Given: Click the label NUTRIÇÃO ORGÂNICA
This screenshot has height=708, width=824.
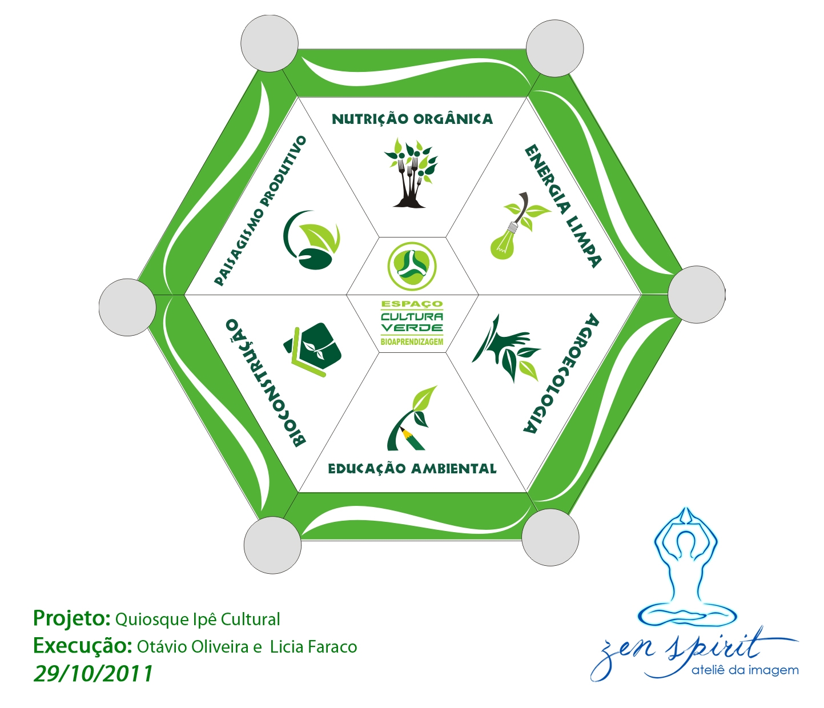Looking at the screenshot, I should coord(412,119).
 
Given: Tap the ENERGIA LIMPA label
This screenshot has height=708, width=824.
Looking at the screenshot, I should coord(562,206).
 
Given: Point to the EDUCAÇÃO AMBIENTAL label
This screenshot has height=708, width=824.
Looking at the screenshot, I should coord(412,469).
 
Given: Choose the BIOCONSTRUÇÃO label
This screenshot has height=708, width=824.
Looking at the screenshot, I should coord(266,383).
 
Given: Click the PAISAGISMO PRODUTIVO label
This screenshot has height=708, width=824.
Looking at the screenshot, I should coord(260,210).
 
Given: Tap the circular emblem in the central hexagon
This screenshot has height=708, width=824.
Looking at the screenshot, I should coord(412,266).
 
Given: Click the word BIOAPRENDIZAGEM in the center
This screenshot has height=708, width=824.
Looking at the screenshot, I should coord(412,341).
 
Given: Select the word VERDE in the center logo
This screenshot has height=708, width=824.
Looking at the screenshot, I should coord(412,328).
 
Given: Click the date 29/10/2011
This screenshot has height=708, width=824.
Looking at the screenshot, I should coord(93,674).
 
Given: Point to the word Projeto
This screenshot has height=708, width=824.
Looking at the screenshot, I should coord(71,618).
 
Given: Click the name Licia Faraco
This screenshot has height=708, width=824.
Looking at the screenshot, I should coord(313,647).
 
